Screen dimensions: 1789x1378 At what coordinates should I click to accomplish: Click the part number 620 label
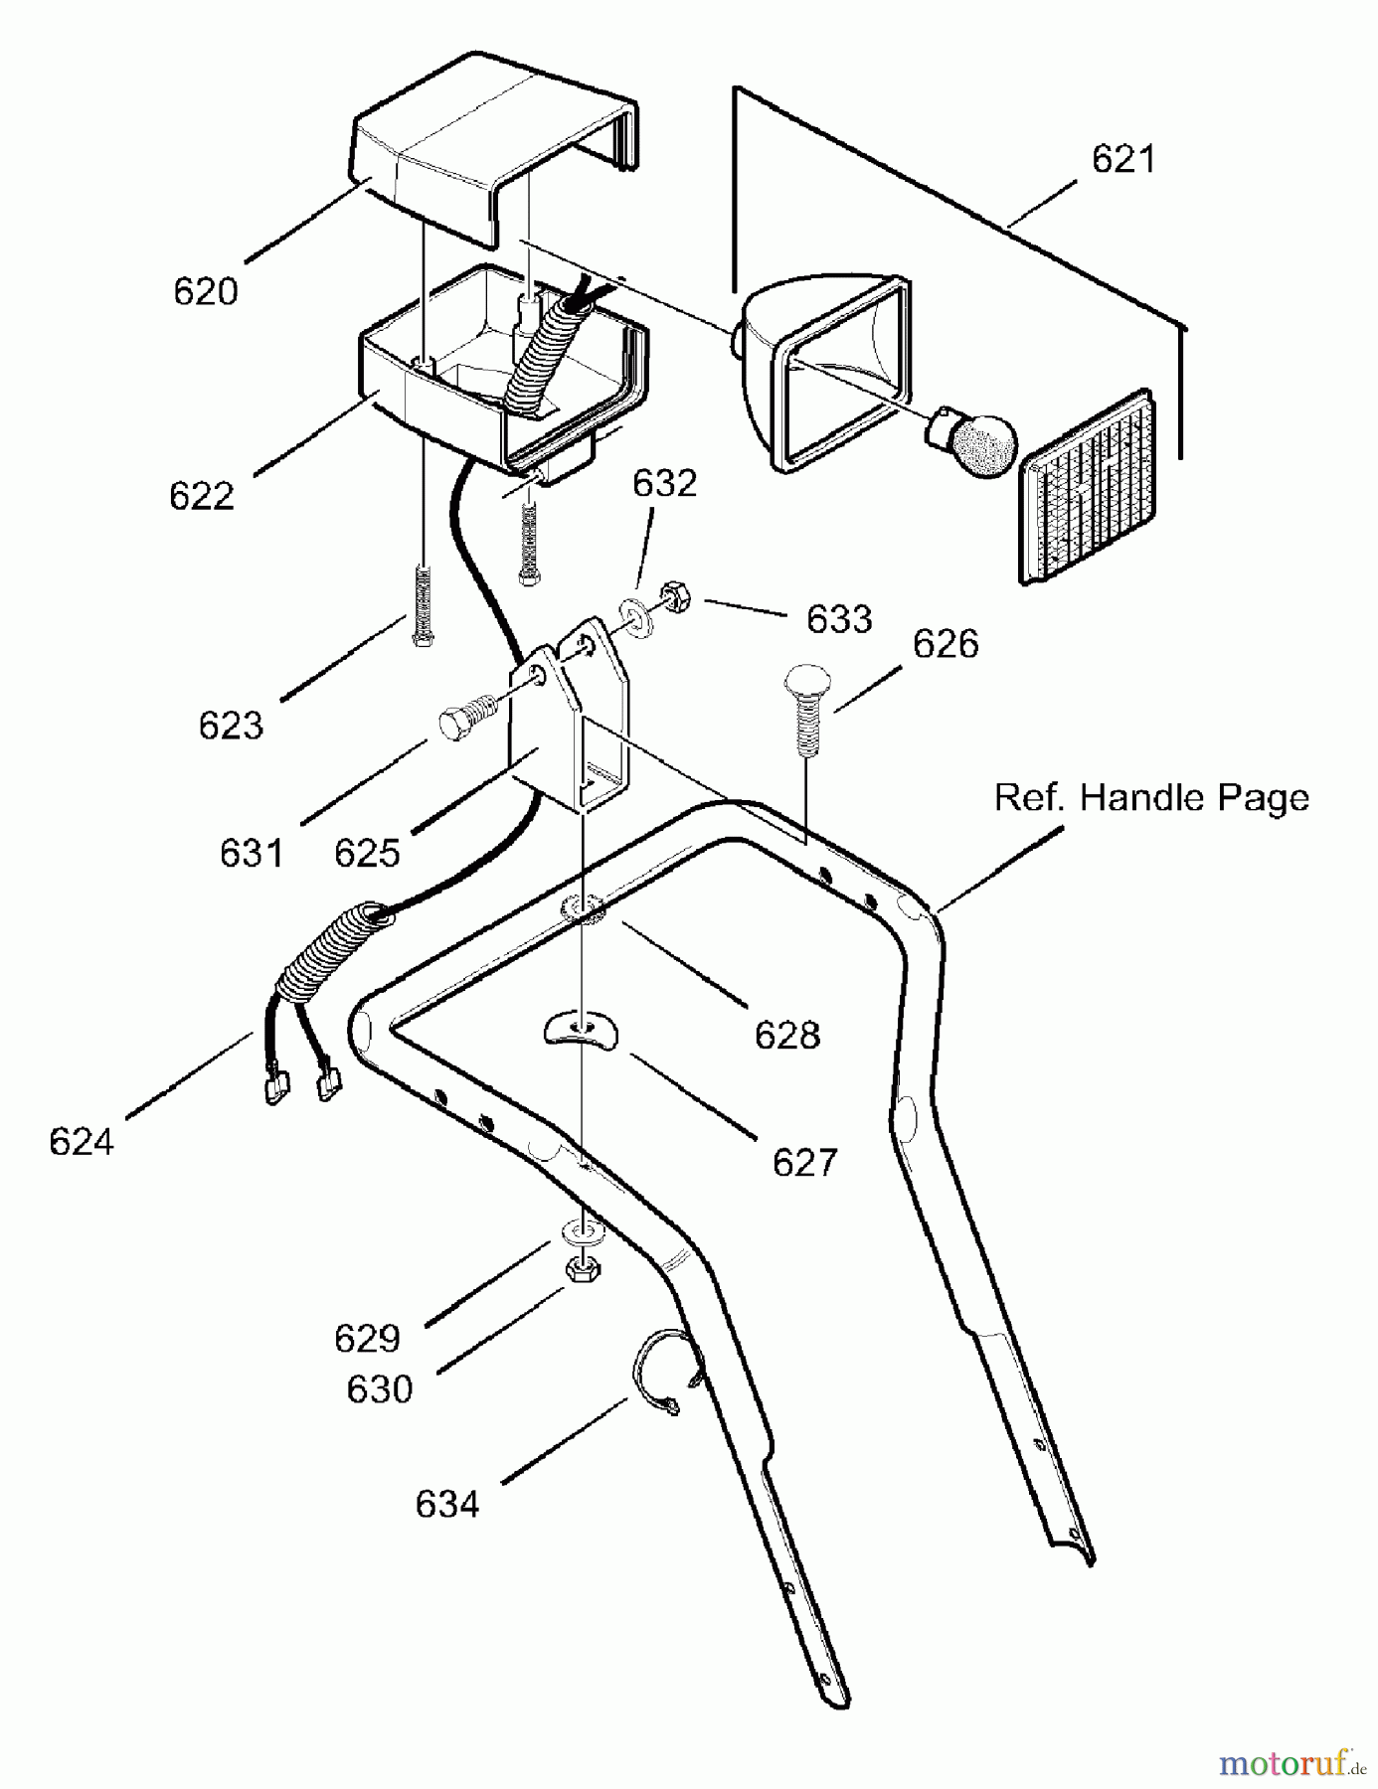coord(206,292)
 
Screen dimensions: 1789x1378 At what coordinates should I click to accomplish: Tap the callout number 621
coord(1123,159)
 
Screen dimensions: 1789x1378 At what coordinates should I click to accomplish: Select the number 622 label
coord(202,496)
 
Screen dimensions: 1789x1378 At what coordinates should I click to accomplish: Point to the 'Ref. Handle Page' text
coord(1151,798)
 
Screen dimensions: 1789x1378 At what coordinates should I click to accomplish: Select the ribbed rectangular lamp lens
coord(1090,486)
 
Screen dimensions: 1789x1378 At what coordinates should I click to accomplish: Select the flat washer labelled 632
coord(636,616)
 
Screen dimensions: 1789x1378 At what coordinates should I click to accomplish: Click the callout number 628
coord(787,1036)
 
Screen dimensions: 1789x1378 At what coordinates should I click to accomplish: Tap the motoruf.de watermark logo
coord(1291,1764)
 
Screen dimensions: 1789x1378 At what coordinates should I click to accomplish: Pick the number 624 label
coord(82,1142)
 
